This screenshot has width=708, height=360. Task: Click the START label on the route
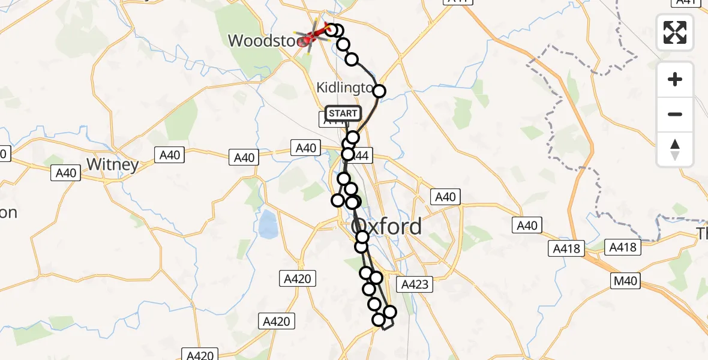343,113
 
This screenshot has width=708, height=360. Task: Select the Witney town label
112,164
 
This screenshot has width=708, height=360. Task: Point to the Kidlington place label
344,88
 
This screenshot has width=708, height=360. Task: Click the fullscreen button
675,32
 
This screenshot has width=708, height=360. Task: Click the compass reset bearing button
675,149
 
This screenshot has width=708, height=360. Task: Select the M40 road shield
625,280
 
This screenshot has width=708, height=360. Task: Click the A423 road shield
415,284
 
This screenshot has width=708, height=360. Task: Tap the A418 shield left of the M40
566,247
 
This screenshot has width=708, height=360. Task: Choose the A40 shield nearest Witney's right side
170,155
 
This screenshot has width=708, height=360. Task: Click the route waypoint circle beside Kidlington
379,91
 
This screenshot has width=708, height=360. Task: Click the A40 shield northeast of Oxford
445,197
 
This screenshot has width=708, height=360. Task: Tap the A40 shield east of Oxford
527,226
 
